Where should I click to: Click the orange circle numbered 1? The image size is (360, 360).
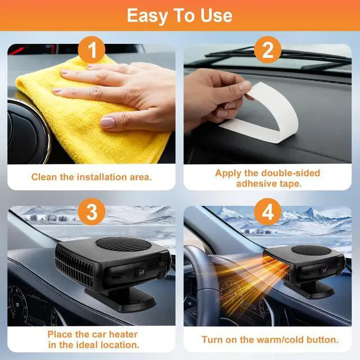(91, 49)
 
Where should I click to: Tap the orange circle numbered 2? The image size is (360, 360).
(268, 49)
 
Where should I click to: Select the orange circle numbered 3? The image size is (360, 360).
(91, 211)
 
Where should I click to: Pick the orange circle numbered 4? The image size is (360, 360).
(268, 211)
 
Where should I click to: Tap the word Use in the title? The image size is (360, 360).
(217, 16)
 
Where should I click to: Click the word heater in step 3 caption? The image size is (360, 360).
(123, 334)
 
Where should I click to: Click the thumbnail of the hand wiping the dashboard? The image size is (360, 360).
(91, 103)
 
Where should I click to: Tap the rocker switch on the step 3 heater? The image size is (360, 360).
(140, 272)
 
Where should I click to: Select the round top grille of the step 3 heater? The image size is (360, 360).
(124, 245)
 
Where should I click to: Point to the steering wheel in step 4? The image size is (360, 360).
(202, 285)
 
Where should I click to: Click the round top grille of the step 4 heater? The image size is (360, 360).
(310, 250)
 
